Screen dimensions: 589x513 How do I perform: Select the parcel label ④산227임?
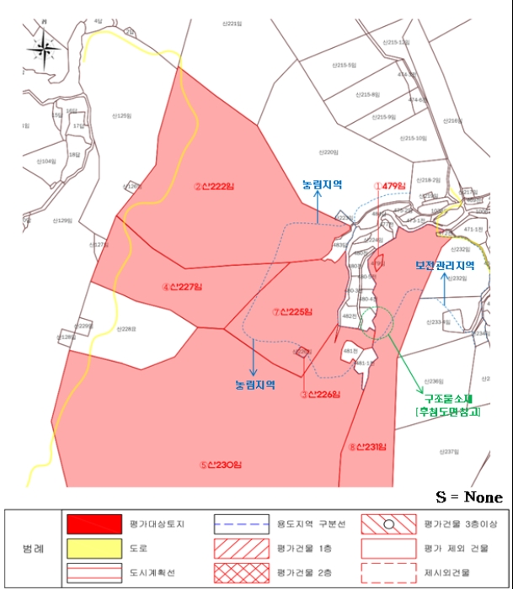point(183,287)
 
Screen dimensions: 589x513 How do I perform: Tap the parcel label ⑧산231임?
point(366,447)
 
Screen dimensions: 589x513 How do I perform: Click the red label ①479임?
point(391,186)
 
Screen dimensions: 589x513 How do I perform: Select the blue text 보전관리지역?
point(445,265)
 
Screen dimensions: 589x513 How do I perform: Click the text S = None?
point(469,497)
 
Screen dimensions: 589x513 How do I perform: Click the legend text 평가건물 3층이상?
point(456,523)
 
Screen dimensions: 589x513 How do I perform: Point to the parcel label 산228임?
point(126,328)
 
